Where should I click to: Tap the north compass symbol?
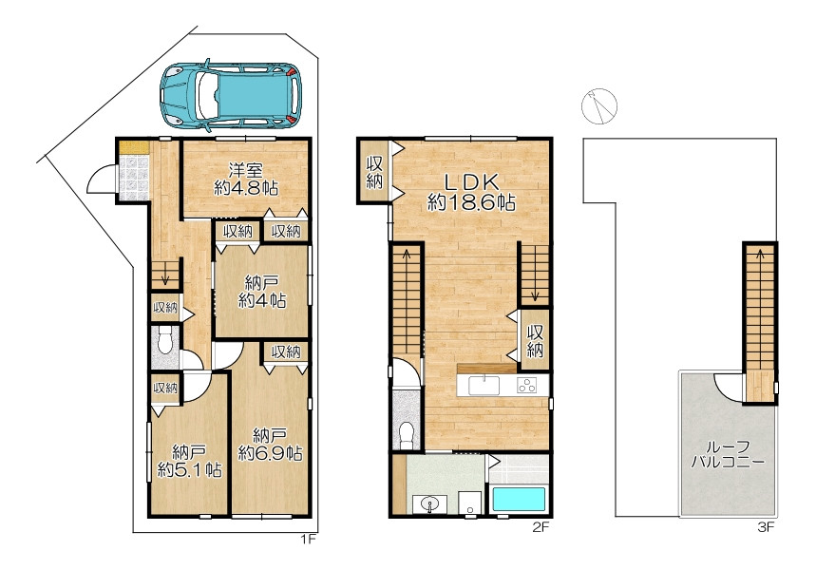(599, 106)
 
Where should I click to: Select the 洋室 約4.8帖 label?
(246, 179)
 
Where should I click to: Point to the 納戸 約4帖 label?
(262, 292)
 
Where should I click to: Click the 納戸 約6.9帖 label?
(271, 444)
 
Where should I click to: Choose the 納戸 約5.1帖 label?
(189, 461)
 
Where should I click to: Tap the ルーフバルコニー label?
(728, 454)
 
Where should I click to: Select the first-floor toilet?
(166, 341)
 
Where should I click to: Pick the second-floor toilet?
(407, 433)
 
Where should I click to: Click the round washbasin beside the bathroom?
(429, 503)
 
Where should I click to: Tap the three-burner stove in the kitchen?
(526, 385)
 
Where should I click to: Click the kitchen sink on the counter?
(484, 385)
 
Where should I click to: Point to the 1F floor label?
(308, 540)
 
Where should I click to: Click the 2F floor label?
(541, 527)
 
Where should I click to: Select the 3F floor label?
(766, 527)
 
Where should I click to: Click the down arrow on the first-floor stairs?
(165, 274)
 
